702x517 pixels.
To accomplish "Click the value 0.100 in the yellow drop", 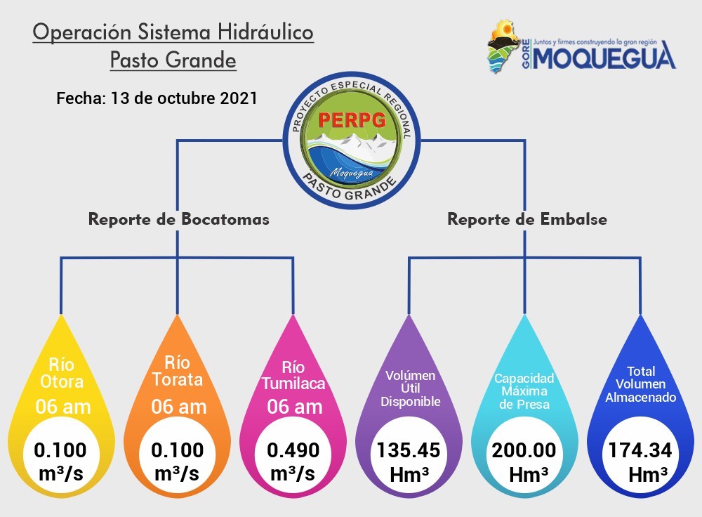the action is pos(60,450).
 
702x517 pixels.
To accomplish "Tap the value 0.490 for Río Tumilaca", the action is pos(293,450).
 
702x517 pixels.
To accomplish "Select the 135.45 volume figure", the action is pos(409,450).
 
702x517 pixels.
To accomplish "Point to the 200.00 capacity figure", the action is pos(524,450).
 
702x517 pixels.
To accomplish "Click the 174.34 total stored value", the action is pos(640,450).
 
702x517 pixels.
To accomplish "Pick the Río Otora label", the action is pos(62,373).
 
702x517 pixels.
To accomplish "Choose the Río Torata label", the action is pos(178,371).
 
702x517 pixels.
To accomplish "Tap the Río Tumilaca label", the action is pos(293,375).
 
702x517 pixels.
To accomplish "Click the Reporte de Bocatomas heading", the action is pos(178,219).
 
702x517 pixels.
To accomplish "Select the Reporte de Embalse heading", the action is pos(527,219).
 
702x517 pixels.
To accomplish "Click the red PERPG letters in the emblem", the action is pos(352,119).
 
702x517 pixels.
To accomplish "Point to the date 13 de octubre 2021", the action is pos(184,98).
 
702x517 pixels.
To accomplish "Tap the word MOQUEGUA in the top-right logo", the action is pos(604,56).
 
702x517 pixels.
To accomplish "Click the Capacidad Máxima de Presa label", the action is pos(524,391).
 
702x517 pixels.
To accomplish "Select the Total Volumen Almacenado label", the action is pos(641,384).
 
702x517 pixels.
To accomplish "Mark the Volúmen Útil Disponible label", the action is pos(411,388).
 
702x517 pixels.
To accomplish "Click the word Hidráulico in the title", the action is pos(266,32).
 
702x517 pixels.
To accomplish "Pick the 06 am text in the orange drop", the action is pos(178,407).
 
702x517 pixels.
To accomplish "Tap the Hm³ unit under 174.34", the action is pos(648,475).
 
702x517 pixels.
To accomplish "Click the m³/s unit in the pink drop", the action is pos(293,473).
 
